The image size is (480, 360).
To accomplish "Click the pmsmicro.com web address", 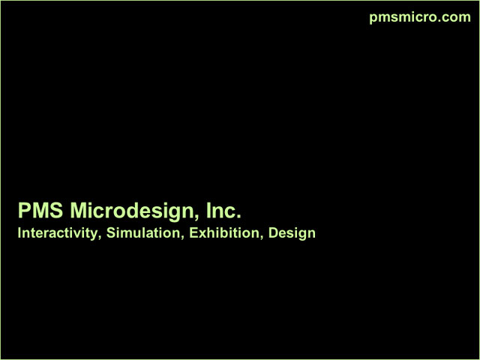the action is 420,17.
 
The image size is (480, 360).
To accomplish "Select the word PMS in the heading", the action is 40,210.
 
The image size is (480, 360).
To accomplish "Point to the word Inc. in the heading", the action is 223,210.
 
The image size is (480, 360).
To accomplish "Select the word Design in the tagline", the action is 292,234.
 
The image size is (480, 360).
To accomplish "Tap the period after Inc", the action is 238,217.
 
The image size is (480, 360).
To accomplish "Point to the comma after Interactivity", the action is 99,238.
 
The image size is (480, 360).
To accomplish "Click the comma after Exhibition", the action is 261,238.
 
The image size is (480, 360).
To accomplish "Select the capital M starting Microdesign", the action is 78,210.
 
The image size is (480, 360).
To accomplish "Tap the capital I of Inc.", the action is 208,210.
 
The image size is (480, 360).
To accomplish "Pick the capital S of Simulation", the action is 111,233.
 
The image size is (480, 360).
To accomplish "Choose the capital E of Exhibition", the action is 193,233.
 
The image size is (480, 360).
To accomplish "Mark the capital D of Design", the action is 273,233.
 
